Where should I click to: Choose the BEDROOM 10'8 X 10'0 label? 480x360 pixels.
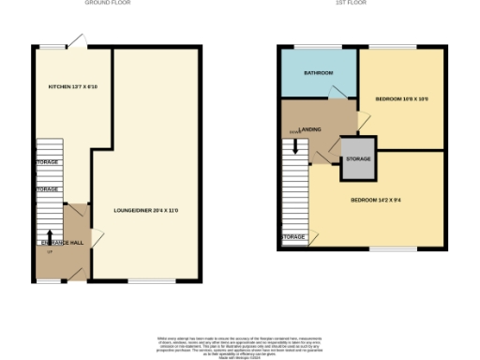(x=401, y=97)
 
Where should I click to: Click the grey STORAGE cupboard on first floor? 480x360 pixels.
(x=357, y=158)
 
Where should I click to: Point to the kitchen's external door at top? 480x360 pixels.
(x=82, y=41)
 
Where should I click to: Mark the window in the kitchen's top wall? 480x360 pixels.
(x=54, y=47)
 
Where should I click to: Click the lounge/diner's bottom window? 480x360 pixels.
(x=144, y=279)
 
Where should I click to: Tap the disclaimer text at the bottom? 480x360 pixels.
(x=240, y=343)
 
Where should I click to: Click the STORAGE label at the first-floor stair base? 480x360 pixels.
(x=293, y=237)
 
